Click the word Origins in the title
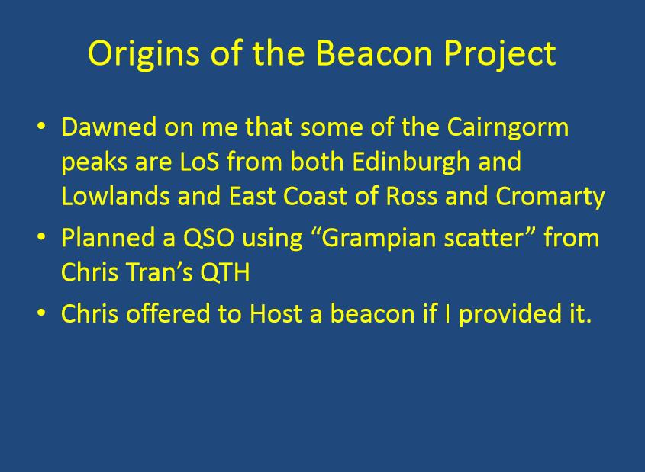[x=144, y=54]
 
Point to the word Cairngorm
[x=508, y=128]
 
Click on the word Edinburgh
[x=411, y=162]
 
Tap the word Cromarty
[x=550, y=197]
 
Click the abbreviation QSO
[x=208, y=238]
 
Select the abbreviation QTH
[x=225, y=272]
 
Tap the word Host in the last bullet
[x=276, y=313]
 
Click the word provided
[x=510, y=315]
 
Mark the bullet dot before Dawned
[x=41, y=126]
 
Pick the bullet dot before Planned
[x=41, y=237]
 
